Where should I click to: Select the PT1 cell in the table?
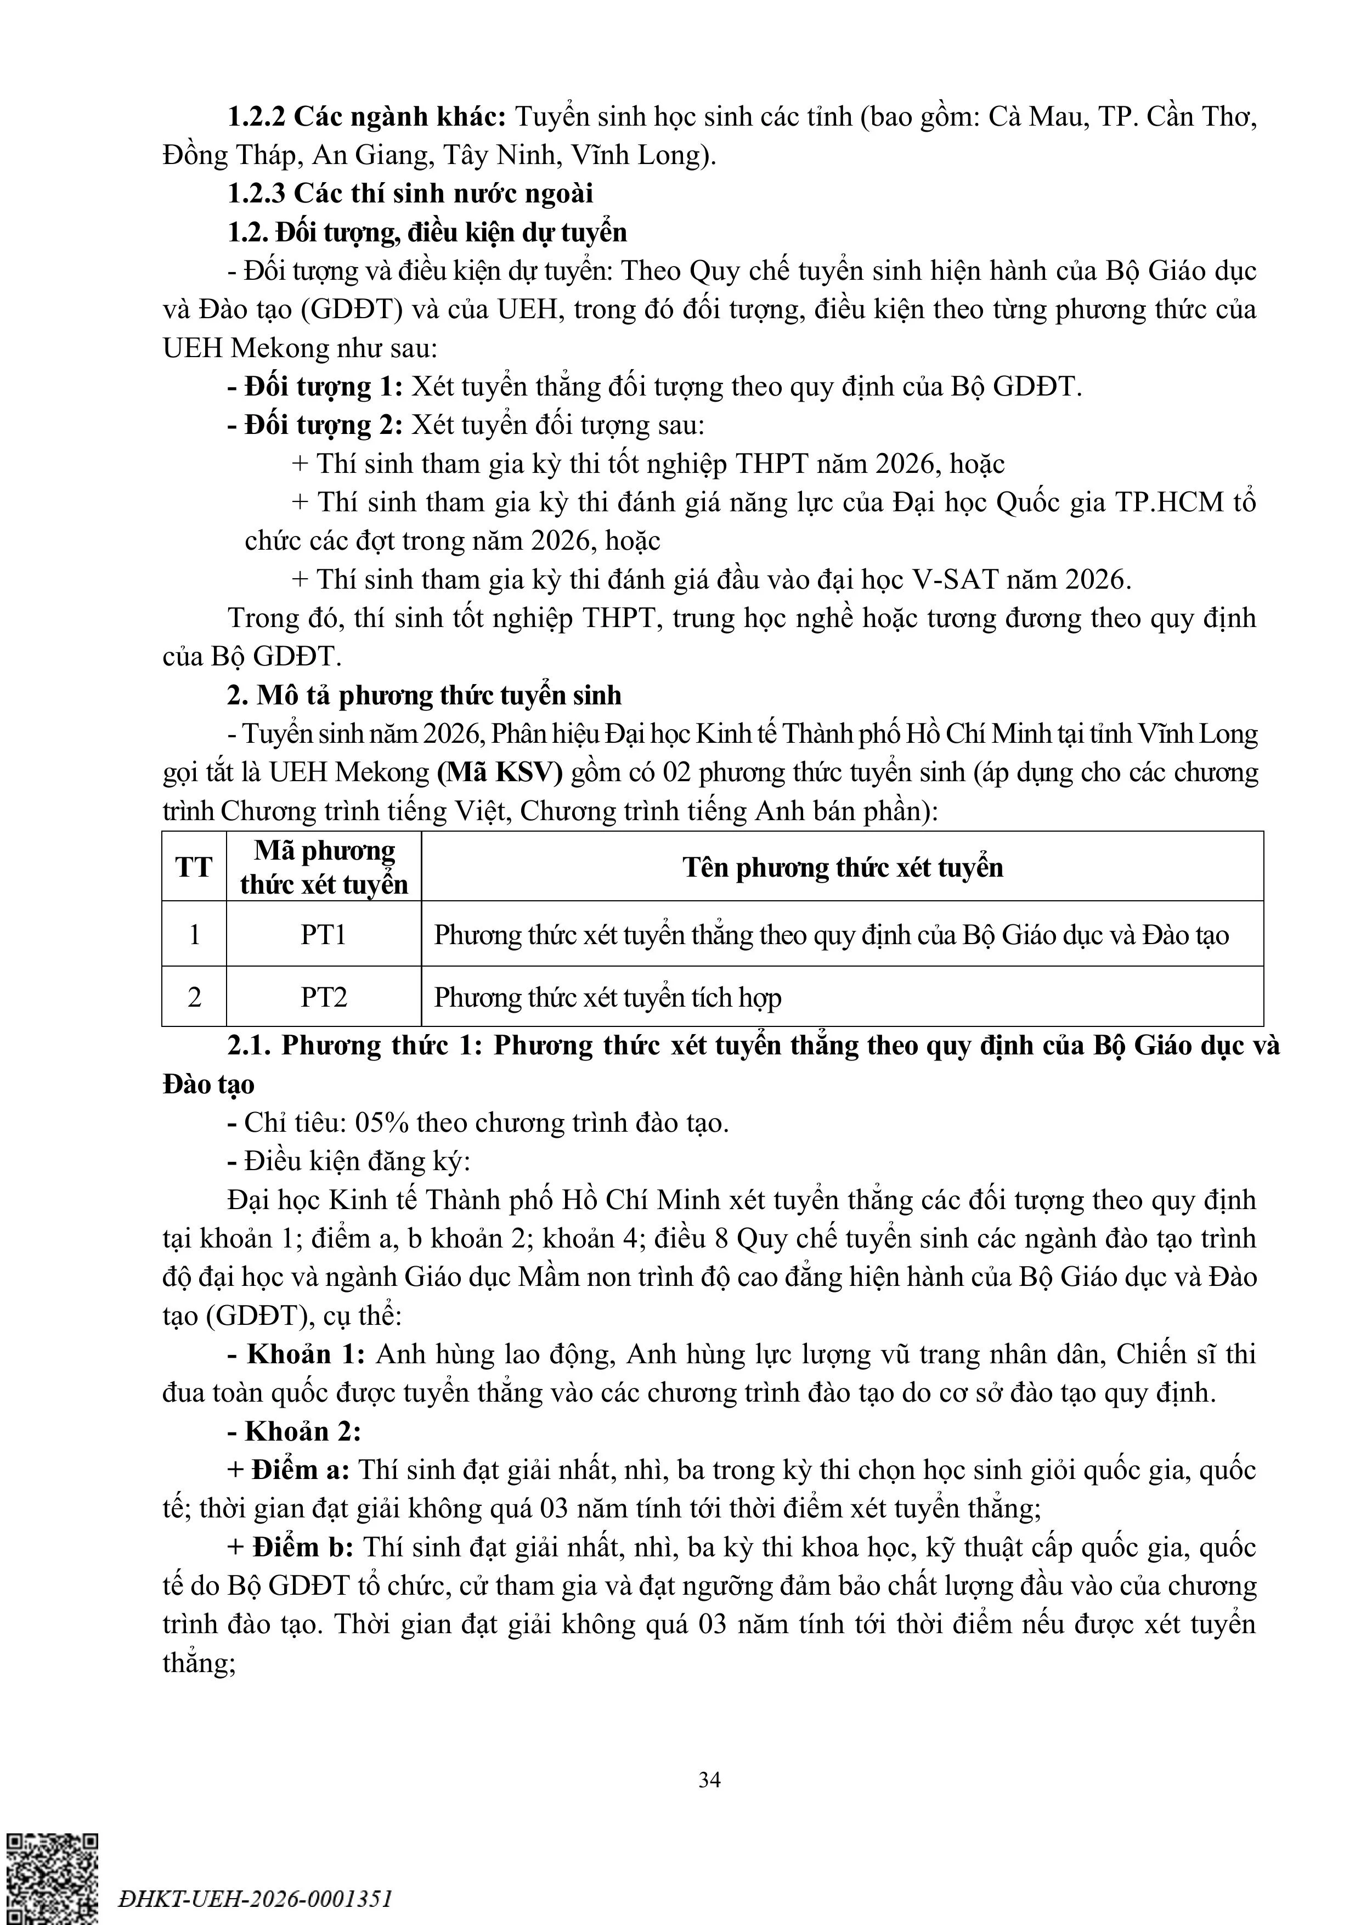tap(324, 934)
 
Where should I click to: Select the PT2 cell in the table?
tap(324, 997)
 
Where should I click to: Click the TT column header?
tap(194, 867)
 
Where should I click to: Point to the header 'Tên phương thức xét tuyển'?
tap(842, 867)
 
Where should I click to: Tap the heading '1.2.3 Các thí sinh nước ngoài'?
tap(410, 194)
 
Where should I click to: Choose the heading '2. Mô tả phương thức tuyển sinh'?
tap(424, 695)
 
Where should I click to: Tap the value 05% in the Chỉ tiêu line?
tap(382, 1122)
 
